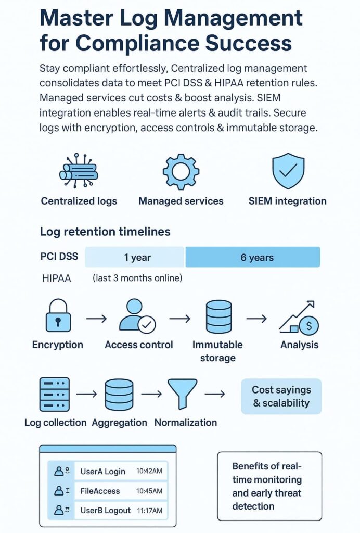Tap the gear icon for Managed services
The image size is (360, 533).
(x=181, y=171)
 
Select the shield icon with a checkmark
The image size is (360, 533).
(x=288, y=171)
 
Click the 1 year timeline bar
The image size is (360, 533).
(x=135, y=257)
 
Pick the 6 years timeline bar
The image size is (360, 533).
(x=253, y=257)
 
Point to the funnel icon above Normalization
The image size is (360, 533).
(x=182, y=395)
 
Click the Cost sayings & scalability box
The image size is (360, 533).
(x=281, y=396)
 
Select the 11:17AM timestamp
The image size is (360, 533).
(x=149, y=511)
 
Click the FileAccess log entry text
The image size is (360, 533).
(x=100, y=491)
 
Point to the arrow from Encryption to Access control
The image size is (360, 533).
(x=96, y=318)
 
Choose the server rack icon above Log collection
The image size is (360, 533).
(x=54, y=395)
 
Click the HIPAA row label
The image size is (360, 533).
(x=56, y=278)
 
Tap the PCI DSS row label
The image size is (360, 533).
(x=59, y=257)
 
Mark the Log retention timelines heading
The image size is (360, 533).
(x=105, y=232)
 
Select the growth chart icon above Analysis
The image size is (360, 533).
(x=299, y=317)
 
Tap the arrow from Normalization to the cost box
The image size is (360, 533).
(x=214, y=394)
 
